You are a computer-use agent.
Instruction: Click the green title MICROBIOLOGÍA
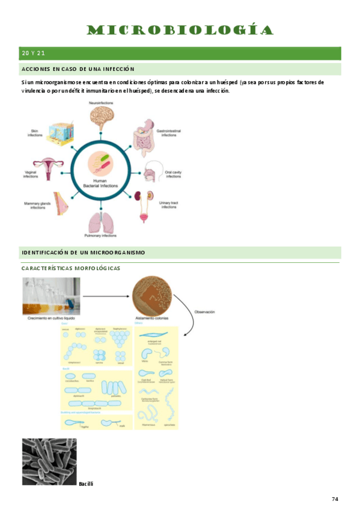pos(180,30)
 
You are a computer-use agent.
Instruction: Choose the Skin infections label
pos(35,133)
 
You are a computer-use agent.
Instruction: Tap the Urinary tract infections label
pos(169,205)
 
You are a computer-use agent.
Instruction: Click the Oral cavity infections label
pos(173,174)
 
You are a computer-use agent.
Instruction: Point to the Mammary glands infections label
pos(37,205)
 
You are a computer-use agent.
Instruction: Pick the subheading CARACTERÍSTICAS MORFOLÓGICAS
pos(71,268)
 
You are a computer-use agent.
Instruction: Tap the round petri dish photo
pos(151,296)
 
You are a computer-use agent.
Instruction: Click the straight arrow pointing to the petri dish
pos(106,296)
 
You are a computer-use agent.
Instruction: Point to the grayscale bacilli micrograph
pos(49,461)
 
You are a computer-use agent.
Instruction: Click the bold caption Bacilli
pos(86,484)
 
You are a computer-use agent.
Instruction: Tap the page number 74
pos(335,499)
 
